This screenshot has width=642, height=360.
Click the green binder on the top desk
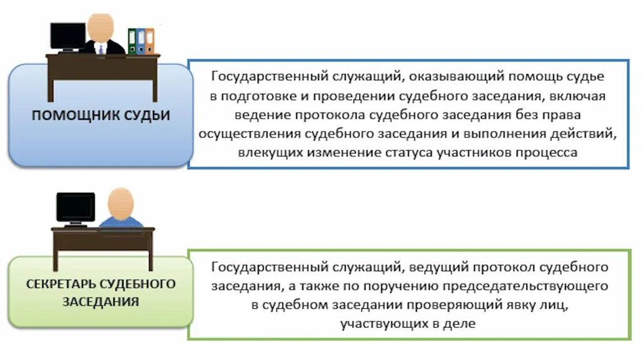point(132,41)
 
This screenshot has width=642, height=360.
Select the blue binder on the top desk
point(141,41)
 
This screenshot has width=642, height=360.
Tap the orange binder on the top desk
point(150,41)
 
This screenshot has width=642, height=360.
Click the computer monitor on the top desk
point(68,36)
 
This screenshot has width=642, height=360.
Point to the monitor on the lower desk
point(75,207)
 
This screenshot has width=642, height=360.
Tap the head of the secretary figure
point(120,202)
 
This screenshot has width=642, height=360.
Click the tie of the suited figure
point(101,49)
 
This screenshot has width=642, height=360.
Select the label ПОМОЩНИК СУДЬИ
point(101,115)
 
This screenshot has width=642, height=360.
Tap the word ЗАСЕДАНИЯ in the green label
point(101,301)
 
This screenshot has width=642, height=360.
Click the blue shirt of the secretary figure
point(121,222)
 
